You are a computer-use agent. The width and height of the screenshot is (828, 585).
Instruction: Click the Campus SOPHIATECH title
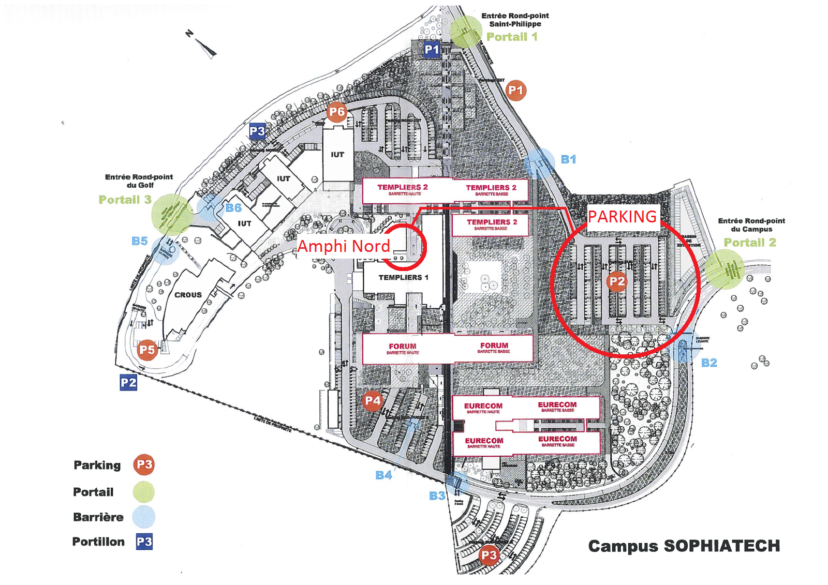(x=684, y=546)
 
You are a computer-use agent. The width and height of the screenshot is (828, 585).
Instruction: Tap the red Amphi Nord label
(x=344, y=246)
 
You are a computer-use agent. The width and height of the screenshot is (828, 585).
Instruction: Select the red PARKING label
(x=622, y=216)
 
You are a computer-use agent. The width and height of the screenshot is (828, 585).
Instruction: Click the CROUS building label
(x=188, y=295)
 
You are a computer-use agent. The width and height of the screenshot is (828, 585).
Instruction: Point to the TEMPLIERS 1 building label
(x=403, y=278)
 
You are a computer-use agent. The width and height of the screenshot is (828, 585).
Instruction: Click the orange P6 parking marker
(x=336, y=112)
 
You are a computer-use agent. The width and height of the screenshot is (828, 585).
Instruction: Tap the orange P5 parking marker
(x=147, y=350)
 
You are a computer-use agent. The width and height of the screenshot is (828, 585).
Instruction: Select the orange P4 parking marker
(x=373, y=400)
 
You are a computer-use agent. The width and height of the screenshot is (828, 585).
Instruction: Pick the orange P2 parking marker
(x=617, y=281)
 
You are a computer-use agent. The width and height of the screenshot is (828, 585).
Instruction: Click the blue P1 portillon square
(x=432, y=50)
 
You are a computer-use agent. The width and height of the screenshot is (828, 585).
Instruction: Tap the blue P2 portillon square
(x=128, y=383)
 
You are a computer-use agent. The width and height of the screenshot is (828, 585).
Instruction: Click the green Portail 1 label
(x=512, y=37)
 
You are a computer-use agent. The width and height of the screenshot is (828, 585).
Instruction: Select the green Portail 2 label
(x=750, y=243)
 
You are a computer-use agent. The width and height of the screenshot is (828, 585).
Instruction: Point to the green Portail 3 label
(x=125, y=200)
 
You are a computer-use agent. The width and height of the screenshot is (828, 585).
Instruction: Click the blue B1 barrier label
(x=568, y=159)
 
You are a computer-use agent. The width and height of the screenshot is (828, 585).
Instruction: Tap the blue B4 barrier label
(x=383, y=475)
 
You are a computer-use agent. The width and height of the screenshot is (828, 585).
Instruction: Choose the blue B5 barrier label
(x=139, y=241)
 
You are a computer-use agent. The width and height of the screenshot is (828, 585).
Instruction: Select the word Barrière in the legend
(x=98, y=517)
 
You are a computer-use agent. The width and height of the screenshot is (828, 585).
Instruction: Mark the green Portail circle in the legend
(x=143, y=492)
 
